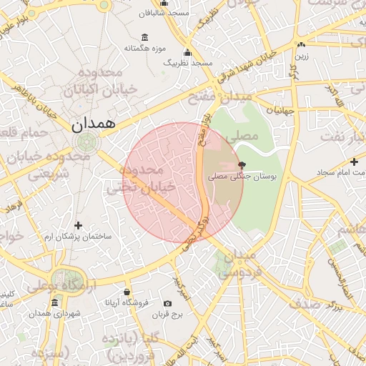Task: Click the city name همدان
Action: point(93,123)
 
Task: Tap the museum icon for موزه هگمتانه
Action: point(145,37)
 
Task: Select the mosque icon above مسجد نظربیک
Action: point(188,52)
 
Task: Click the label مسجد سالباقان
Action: point(164,13)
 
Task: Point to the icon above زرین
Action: point(300,46)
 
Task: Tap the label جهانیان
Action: point(280,111)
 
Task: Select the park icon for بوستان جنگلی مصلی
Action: point(240,164)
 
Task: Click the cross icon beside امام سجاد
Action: point(320,172)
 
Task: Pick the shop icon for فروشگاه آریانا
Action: point(127,292)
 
